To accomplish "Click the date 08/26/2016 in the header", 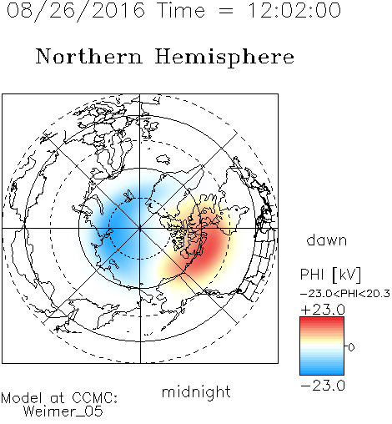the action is click(x=76, y=11).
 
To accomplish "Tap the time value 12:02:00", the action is click(x=294, y=10).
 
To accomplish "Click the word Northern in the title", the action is click(x=89, y=56).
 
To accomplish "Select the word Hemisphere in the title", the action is click(x=224, y=57).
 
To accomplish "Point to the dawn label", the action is click(x=327, y=240).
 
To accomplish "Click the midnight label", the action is click(x=196, y=391).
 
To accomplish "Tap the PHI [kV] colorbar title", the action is click(x=330, y=275).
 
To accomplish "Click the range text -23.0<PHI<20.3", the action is click(x=345, y=294).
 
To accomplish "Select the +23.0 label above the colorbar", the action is click(x=323, y=310).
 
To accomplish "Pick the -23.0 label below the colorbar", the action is click(x=323, y=386).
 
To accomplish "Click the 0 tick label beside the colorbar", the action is click(x=351, y=347).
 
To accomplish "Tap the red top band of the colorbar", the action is click(x=322, y=322).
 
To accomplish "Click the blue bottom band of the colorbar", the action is click(x=322, y=370).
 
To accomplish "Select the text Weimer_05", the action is click(x=63, y=411).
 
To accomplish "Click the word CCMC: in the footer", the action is click(x=94, y=398).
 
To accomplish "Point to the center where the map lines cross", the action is click(x=140, y=228).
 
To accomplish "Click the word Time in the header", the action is click(x=181, y=10).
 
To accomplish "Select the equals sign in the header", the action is click(x=226, y=11).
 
